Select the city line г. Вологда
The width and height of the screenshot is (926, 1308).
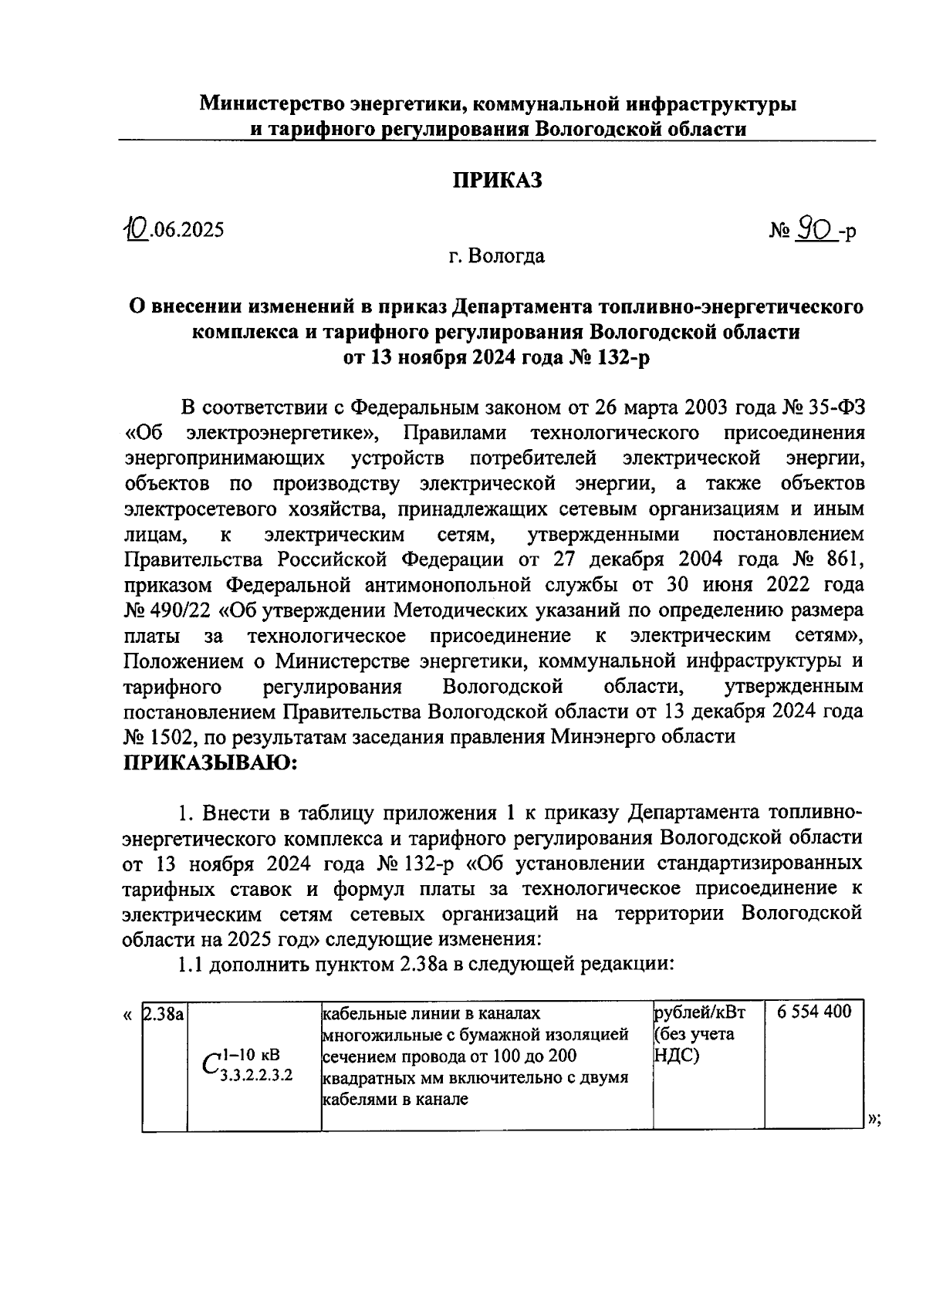497,255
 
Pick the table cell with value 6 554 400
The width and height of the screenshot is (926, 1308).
814,1012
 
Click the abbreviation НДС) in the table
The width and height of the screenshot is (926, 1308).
676,1055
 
